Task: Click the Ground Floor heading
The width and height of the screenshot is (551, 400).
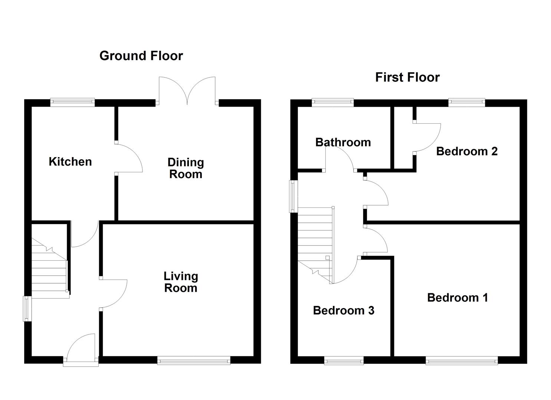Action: [x=141, y=56]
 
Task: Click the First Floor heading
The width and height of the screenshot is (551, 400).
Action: [x=407, y=77]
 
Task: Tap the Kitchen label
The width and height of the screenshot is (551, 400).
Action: [x=70, y=162]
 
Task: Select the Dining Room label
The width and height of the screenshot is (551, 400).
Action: [x=186, y=168]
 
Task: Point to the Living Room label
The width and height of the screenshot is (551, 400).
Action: [x=181, y=282]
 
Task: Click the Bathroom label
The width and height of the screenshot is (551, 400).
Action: [x=343, y=142]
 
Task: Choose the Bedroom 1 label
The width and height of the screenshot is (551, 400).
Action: [x=457, y=298]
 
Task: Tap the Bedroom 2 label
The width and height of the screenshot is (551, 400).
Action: [x=466, y=151]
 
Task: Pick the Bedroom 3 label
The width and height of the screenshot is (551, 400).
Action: [x=343, y=310]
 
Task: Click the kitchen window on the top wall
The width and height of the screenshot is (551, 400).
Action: [x=73, y=102]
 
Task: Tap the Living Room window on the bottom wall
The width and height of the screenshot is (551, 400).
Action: [x=194, y=360]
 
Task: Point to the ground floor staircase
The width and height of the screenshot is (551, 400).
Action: [x=49, y=270]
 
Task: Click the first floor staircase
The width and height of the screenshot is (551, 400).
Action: [x=315, y=244]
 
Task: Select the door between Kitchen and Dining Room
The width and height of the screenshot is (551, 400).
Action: [x=128, y=157]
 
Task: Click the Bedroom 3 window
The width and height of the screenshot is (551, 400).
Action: [x=344, y=360]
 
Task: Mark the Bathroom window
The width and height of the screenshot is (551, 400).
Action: [x=332, y=102]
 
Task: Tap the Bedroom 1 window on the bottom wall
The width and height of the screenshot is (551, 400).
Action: [x=462, y=360]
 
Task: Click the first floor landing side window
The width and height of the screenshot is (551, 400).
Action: [x=293, y=196]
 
